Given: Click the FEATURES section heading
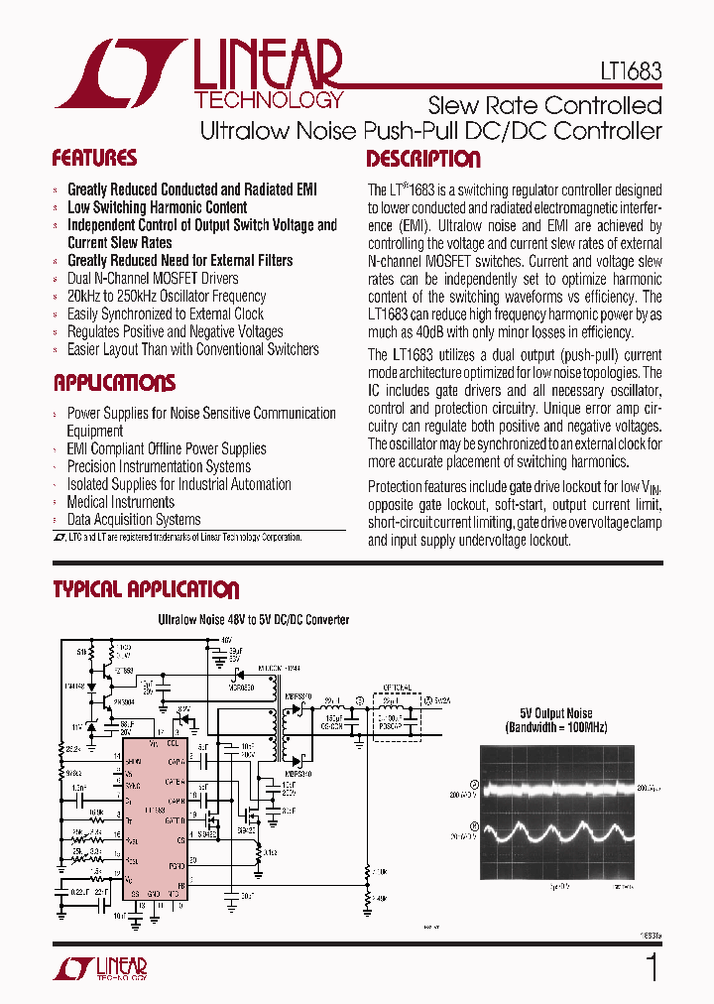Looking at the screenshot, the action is [94, 158].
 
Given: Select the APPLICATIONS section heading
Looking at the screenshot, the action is [114, 383].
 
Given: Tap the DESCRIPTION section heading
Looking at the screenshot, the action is [423, 159].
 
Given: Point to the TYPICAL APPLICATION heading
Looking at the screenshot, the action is [146, 589].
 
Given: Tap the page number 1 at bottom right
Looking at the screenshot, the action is [652, 967].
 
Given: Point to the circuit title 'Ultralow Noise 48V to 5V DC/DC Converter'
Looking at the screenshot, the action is [254, 620].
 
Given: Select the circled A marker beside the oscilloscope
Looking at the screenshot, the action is [474, 785].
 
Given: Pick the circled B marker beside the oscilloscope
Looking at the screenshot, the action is [474, 824].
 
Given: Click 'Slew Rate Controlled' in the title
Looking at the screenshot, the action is [544, 105].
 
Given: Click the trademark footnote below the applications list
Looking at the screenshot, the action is [177, 537].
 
